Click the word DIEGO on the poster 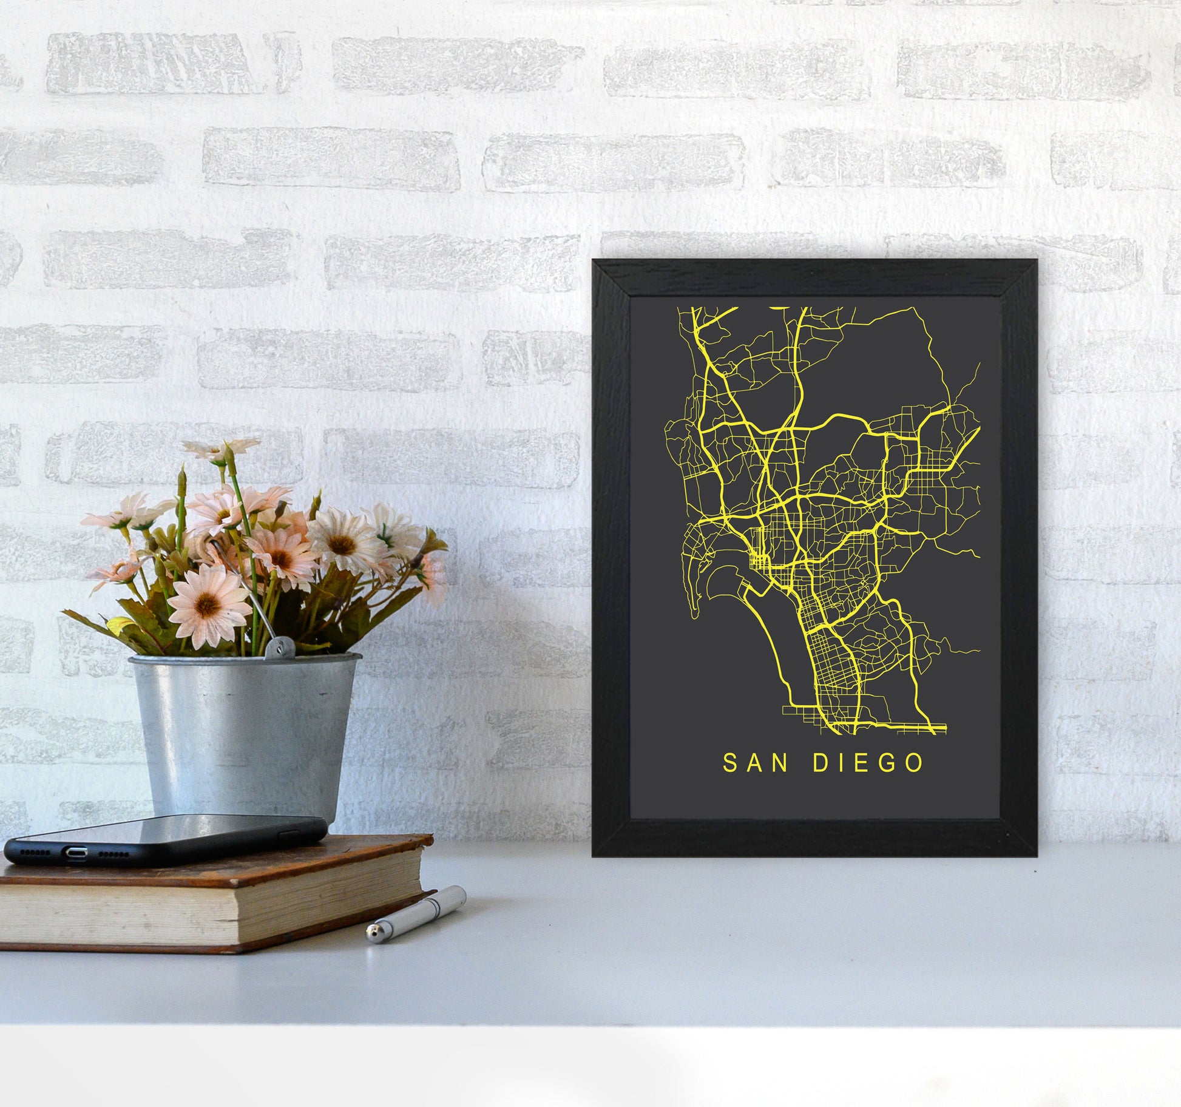(868, 763)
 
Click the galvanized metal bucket (243, 728)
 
